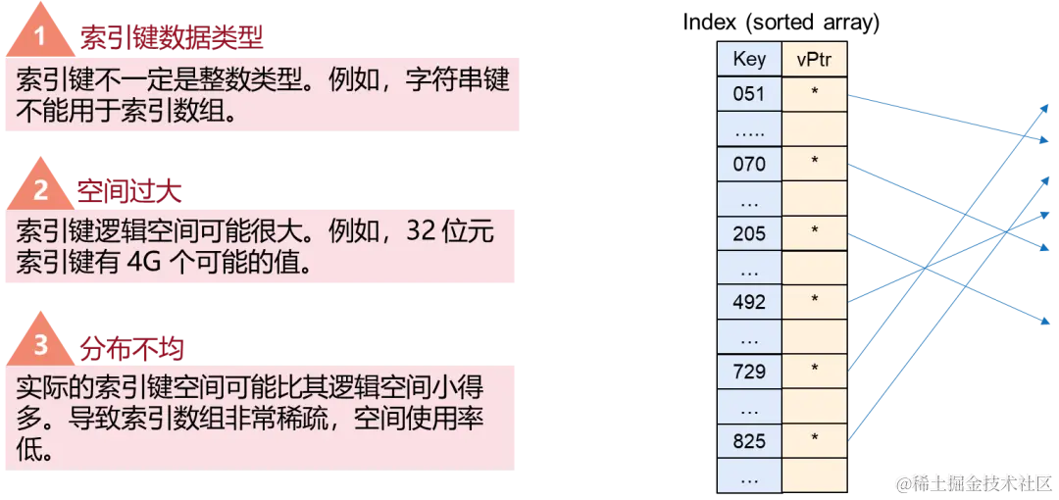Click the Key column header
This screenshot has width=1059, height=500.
(x=749, y=59)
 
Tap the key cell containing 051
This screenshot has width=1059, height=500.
(x=749, y=94)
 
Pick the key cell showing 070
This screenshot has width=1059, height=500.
(x=749, y=164)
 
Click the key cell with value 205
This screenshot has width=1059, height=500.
(x=749, y=233)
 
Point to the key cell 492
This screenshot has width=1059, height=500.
(x=749, y=302)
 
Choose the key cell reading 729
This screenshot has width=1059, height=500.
(x=749, y=372)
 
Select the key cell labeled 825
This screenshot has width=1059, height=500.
(x=749, y=440)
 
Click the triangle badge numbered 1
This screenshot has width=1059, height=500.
(x=40, y=39)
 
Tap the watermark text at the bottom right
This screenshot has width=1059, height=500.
(x=975, y=481)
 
